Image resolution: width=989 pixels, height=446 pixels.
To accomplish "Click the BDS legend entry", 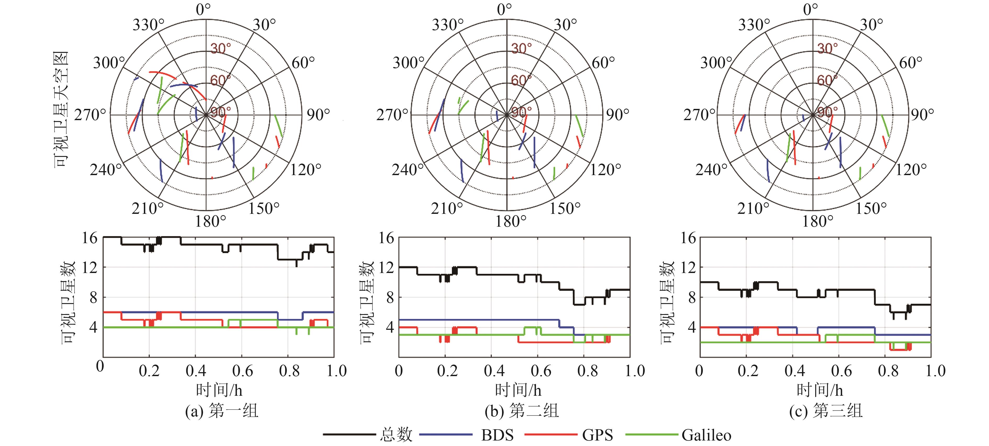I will pyautogui.click(x=497, y=435).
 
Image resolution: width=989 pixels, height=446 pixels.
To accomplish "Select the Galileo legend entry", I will pyautogui.click(x=706, y=435).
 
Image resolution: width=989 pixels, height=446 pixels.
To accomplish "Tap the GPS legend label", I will pyautogui.click(x=597, y=435).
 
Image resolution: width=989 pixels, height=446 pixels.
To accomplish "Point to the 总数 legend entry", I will pyautogui.click(x=396, y=435).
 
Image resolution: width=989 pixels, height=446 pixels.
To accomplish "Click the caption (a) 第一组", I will pyautogui.click(x=222, y=411).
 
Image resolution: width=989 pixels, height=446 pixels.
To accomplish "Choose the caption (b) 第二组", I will pyautogui.click(x=521, y=411).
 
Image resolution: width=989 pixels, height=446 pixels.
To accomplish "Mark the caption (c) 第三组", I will pyautogui.click(x=826, y=411).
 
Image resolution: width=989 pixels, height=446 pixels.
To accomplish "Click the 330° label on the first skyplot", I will pyautogui.click(x=148, y=25).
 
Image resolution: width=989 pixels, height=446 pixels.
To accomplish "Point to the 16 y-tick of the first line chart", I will pyautogui.click(x=90, y=238).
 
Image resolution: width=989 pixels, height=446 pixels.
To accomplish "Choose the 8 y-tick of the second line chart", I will pyautogui.click(x=390, y=298).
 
